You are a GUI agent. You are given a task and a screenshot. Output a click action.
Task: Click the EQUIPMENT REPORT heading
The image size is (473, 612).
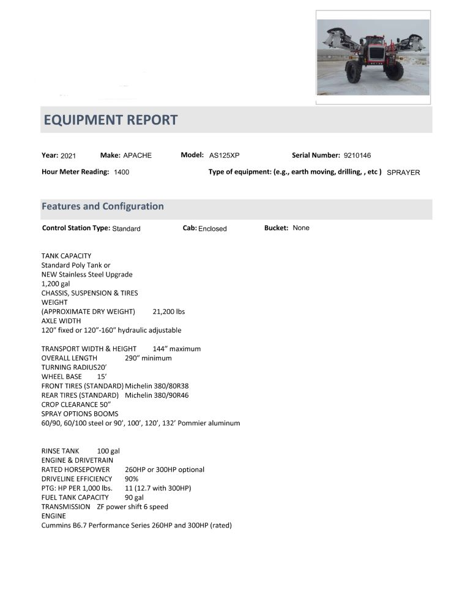click(x=110, y=120)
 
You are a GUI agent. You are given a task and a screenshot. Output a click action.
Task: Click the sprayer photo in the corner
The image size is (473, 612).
click(x=373, y=57)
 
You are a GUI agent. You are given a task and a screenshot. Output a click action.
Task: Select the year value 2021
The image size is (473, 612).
click(x=68, y=156)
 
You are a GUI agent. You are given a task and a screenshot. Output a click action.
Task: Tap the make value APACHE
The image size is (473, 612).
click(x=137, y=155)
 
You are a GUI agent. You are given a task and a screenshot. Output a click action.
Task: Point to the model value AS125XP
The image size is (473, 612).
click(x=225, y=155)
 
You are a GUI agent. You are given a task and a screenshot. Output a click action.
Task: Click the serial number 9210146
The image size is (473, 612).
click(x=357, y=155)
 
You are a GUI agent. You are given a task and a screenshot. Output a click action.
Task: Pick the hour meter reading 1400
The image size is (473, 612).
click(x=122, y=173)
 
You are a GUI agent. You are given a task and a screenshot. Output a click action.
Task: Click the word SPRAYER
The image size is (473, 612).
click(x=403, y=173)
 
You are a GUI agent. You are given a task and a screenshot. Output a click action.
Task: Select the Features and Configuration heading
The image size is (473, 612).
click(x=102, y=206)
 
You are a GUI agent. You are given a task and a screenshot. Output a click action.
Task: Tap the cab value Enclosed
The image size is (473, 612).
click(x=212, y=229)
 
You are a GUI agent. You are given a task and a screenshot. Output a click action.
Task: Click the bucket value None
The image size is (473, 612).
click(x=301, y=228)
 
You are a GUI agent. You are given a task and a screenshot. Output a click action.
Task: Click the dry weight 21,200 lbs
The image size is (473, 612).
click(x=168, y=312)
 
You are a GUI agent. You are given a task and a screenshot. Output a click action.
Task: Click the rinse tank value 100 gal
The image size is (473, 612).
click(x=108, y=451)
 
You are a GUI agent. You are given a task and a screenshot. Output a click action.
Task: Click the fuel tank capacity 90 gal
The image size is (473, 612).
click(x=125, y=498)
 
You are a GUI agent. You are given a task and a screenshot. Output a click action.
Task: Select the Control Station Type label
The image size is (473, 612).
click(x=76, y=228)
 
